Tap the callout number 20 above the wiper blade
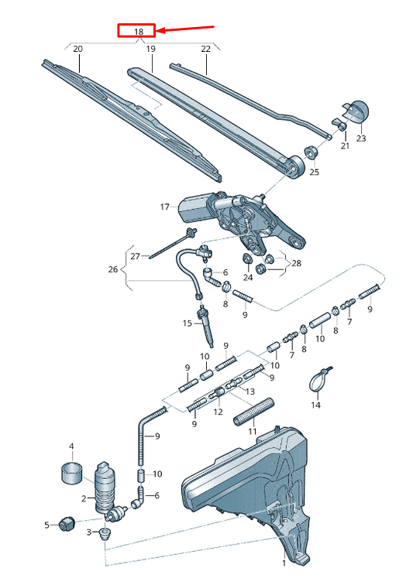(x=77, y=49)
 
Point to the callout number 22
(x=205, y=49)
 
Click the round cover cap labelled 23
(x=356, y=113)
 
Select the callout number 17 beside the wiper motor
(x=164, y=207)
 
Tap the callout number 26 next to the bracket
(x=113, y=270)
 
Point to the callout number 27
(x=134, y=256)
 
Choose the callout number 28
(x=295, y=265)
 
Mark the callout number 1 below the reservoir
(x=284, y=563)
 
